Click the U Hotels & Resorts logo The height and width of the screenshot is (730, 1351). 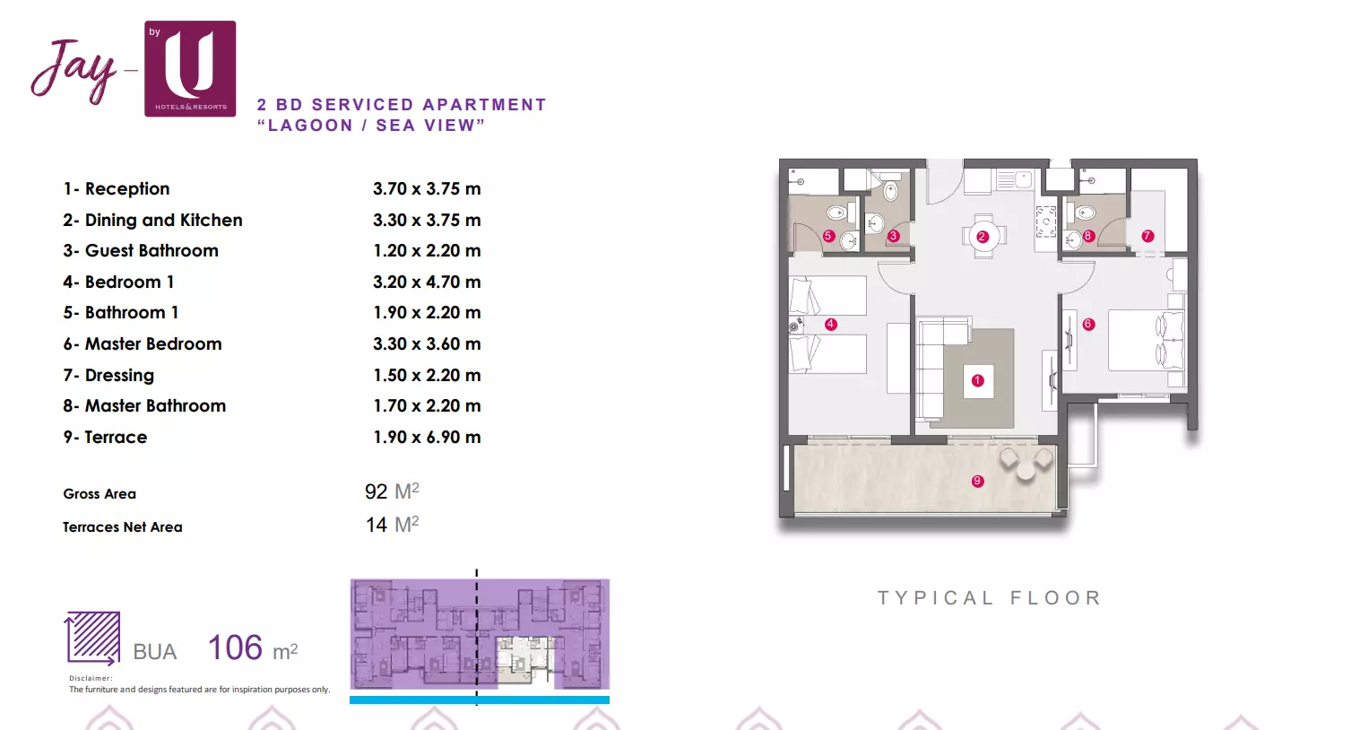coord(190,69)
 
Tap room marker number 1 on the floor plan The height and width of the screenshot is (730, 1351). coord(978,380)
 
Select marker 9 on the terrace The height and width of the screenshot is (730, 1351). coord(978,481)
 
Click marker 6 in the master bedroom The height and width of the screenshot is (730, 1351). coord(1088,324)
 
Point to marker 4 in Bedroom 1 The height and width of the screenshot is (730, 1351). coord(830,324)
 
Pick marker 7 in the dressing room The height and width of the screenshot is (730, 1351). coord(1147,236)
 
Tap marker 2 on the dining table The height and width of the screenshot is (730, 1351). coord(982,237)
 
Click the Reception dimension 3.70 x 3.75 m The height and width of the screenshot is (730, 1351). coord(427,189)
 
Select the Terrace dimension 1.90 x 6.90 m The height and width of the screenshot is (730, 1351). coord(427,437)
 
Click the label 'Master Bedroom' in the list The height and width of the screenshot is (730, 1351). coord(153,343)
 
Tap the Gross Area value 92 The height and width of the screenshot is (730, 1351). coord(376,491)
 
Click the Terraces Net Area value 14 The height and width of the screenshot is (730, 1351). coord(377,525)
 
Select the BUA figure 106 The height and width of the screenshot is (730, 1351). coord(235,647)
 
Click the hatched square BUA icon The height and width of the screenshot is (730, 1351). coord(92,638)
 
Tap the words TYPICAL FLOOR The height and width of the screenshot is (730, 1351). coord(989,598)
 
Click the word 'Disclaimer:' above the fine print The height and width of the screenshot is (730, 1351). coord(91,678)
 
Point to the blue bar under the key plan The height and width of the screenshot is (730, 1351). coord(480,700)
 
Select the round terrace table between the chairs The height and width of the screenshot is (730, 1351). coord(1026,471)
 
